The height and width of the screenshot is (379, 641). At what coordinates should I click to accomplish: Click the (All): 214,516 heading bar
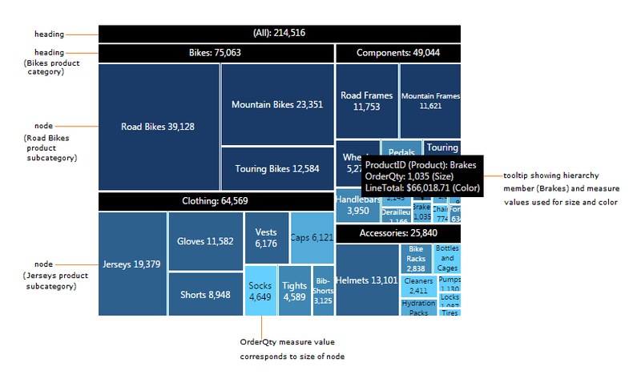point(279,33)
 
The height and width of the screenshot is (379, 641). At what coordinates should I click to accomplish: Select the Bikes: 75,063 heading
point(215,54)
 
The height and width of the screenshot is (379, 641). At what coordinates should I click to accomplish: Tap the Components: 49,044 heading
point(397,54)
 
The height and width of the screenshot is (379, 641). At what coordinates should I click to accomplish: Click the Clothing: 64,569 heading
point(215,201)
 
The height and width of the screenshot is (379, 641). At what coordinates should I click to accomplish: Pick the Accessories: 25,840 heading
point(397,233)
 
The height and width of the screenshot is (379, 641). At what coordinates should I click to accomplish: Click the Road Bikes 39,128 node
point(158,127)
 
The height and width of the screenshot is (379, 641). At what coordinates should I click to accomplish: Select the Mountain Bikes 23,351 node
point(277,104)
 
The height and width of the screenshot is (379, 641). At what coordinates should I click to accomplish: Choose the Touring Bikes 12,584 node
point(277,168)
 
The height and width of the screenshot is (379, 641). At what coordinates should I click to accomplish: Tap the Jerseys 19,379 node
point(132,264)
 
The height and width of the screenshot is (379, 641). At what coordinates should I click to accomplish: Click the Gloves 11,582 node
point(205,241)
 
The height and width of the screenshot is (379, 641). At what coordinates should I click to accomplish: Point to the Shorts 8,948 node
point(205,294)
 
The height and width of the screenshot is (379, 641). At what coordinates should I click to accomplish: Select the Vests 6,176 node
point(266,237)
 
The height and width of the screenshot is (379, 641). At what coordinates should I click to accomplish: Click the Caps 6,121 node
point(312,237)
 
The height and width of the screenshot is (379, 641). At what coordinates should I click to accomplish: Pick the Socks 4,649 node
point(261,291)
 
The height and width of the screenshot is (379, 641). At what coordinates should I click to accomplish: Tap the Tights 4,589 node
point(295,291)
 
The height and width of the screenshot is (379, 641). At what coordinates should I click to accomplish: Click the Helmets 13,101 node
point(368,280)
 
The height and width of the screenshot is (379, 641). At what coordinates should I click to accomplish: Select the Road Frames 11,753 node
point(366,101)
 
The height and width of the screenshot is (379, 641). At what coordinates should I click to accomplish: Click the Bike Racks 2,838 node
point(416,260)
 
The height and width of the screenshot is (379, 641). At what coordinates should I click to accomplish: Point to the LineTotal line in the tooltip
point(421,187)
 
